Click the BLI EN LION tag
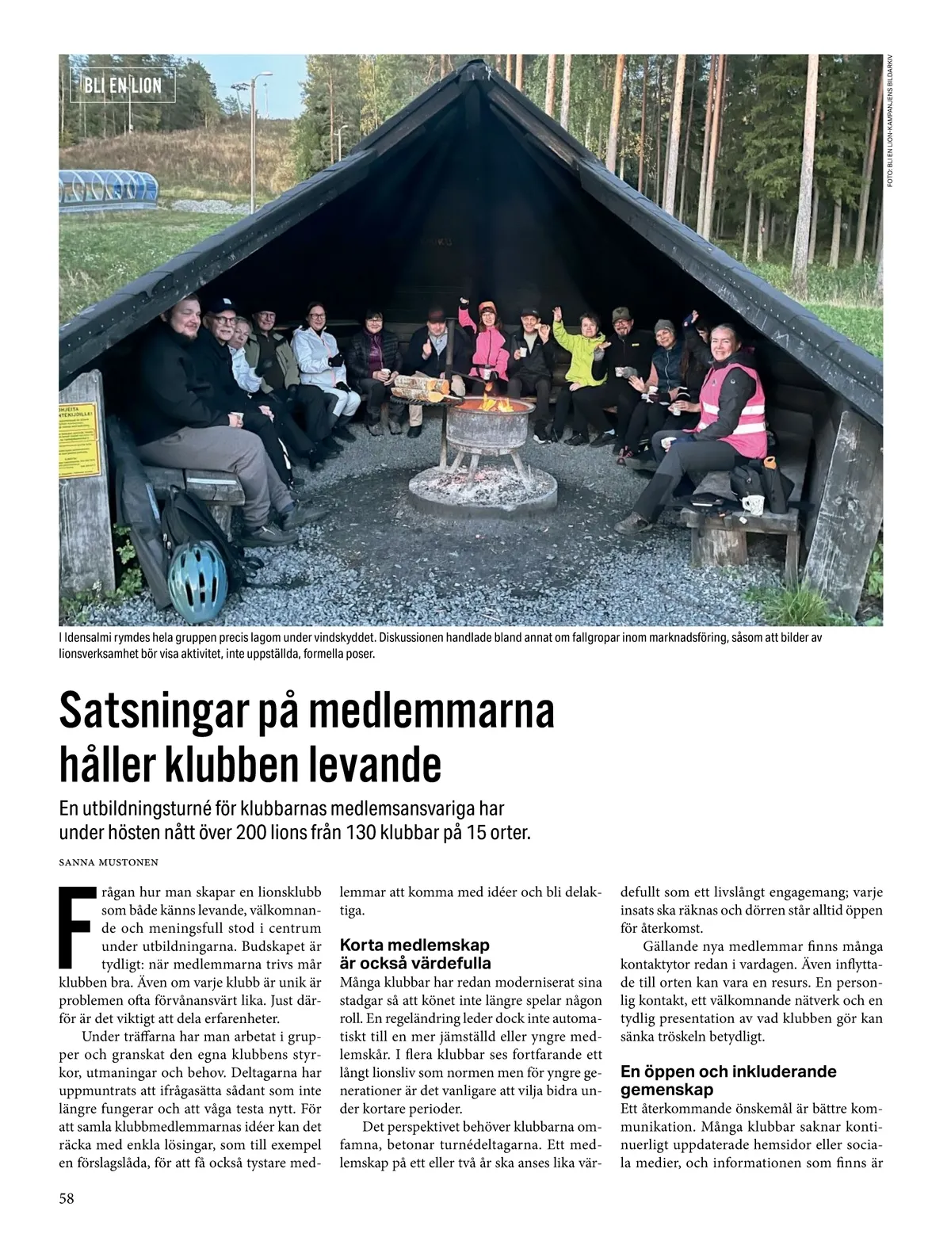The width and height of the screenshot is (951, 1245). (x=122, y=85)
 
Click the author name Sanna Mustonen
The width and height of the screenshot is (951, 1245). (x=109, y=861)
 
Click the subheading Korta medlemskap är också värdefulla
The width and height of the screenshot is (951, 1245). (x=414, y=953)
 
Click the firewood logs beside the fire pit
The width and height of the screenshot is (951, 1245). (x=420, y=389)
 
